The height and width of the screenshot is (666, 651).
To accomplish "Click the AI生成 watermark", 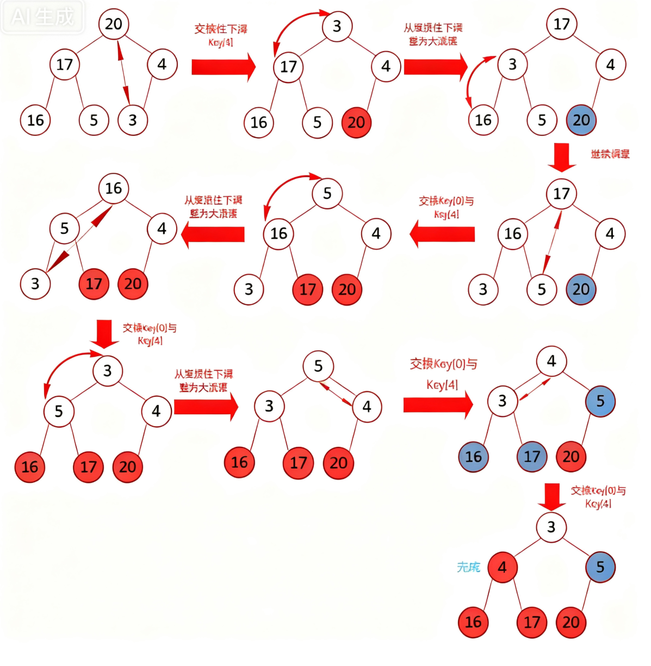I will coord(42,17).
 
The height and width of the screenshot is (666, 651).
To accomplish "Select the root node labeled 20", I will coord(114,24).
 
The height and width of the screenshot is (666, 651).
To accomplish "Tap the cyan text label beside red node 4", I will coord(468,568).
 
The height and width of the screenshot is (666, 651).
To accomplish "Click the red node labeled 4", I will coord(503,568).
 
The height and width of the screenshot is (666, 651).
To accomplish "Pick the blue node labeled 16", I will coord(473,457).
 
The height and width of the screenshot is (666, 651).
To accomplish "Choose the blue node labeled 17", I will coord(532,457).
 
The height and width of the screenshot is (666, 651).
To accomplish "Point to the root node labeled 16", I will coord(114,189).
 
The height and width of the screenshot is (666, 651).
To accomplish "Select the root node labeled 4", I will coord(551,362).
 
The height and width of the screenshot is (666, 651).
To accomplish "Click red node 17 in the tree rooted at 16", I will coord(94,284).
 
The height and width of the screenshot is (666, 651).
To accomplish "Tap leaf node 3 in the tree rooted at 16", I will coord(35,284).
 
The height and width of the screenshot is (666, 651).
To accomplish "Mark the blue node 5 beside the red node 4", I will coord(600,568).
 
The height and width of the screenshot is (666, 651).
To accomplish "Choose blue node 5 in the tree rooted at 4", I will coord(600,402).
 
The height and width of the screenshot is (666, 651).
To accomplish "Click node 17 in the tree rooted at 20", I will coord(65,65).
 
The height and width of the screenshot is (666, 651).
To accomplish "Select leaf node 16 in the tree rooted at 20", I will coord(35,120).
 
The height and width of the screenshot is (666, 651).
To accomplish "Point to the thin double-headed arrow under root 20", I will coord(124,72).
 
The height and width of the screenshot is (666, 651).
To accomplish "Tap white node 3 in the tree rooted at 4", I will coord(503,402).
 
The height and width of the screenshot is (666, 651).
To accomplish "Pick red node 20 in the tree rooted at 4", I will coord(571,457).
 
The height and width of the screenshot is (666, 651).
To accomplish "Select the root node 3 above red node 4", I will coord(551,527).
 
